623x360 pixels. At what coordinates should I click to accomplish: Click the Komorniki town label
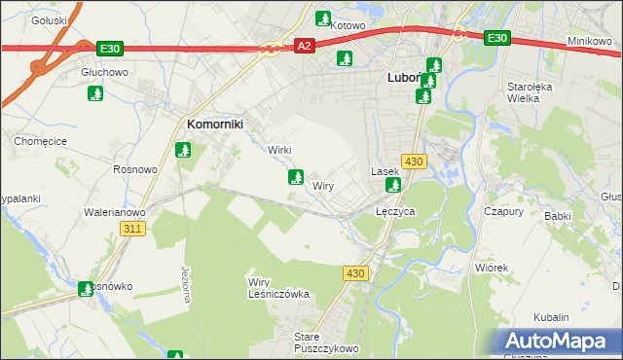[214, 124]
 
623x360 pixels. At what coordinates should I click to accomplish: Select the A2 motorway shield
[305, 46]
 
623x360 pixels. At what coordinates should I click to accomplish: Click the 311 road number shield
[133, 229]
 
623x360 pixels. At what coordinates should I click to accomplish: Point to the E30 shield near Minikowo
[496, 37]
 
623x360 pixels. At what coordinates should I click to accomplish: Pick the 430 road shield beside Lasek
[413, 161]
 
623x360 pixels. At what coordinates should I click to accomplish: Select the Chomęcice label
[38, 141]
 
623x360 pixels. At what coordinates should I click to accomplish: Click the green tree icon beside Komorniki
[182, 150]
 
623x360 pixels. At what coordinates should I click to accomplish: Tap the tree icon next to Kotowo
[322, 18]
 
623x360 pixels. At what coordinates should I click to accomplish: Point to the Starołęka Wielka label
[531, 92]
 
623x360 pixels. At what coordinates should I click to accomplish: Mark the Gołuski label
[48, 19]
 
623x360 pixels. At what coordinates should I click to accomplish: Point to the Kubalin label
[551, 317]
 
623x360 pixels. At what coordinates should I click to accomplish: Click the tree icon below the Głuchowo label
[95, 93]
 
